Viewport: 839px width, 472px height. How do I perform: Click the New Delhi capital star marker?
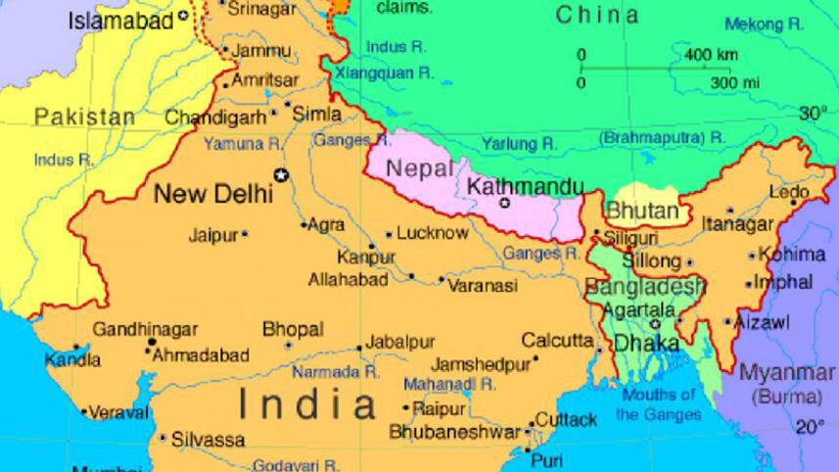283,176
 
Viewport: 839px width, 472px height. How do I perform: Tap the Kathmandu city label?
525,186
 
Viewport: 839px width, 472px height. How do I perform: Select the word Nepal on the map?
420,168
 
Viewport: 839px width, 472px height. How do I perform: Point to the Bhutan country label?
642,211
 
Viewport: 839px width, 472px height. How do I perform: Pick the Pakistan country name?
85,118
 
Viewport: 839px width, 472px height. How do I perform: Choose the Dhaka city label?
646,344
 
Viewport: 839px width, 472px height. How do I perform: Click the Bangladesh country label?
645,287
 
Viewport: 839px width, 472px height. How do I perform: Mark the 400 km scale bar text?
711,54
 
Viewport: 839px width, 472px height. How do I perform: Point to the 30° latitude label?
812,114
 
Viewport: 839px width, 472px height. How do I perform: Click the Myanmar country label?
787,373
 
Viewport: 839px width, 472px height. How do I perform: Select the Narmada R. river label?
336,372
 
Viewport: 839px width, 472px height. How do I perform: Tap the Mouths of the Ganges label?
659,404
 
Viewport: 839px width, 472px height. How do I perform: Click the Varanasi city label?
483,286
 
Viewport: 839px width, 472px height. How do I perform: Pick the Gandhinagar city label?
145,330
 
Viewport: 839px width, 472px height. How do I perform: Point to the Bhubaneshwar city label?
454,432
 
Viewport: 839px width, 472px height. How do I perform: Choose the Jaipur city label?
213,235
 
